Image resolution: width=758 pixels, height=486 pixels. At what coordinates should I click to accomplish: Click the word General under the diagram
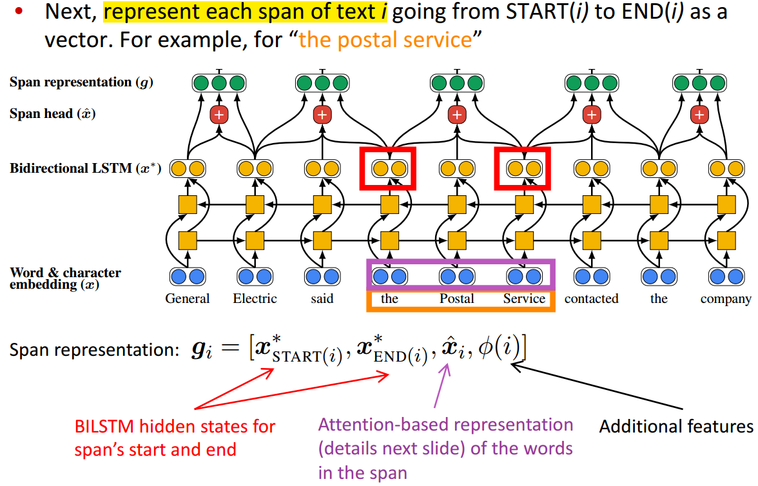coord(188,299)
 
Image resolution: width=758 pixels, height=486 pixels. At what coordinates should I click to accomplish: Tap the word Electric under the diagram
coord(255,299)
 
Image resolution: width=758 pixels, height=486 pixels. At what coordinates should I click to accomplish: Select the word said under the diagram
coord(322,299)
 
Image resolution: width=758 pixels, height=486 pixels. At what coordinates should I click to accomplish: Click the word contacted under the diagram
coord(591,299)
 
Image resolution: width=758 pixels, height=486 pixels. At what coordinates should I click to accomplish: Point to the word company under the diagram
coord(726,299)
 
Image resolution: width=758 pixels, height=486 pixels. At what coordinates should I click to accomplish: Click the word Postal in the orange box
coord(457,299)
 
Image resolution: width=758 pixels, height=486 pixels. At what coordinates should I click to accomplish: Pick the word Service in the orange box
coord(524,299)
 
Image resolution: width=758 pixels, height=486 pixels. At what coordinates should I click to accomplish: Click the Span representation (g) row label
coord(81,83)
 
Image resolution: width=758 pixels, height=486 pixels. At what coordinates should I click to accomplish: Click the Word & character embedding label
coord(65,278)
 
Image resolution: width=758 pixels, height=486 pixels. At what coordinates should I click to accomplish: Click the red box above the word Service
coord(523,169)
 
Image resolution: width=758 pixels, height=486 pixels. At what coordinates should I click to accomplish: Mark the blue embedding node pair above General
coord(188,277)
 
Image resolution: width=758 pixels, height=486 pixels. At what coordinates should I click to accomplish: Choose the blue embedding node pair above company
coord(726,277)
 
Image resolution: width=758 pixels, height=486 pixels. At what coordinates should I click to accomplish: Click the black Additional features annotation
coord(676,427)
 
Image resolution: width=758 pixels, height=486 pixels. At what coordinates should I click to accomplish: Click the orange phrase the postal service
coord(385,41)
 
